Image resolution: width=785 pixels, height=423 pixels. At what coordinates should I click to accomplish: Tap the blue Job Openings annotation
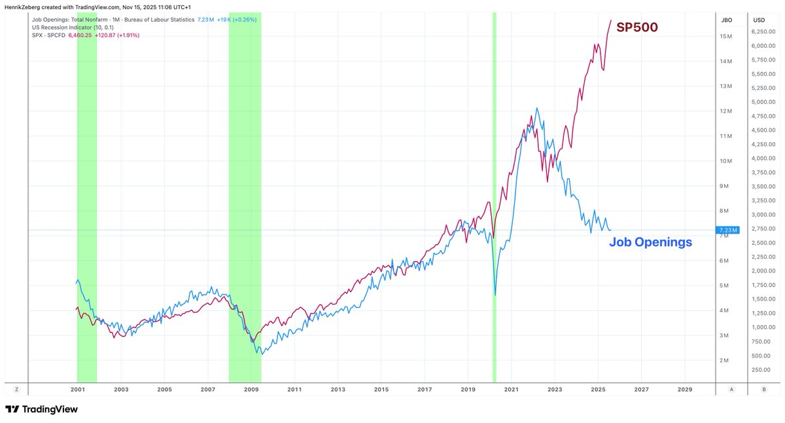click(x=650, y=242)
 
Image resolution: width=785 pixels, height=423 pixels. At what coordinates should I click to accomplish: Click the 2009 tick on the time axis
click(x=251, y=389)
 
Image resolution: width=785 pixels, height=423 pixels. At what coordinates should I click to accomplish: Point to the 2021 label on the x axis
click(x=511, y=389)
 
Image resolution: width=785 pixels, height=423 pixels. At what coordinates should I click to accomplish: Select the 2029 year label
click(x=684, y=389)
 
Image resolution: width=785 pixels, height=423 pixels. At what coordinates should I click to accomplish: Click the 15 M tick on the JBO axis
click(x=725, y=37)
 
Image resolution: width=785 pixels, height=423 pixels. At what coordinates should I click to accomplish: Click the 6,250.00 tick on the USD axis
click(x=763, y=31)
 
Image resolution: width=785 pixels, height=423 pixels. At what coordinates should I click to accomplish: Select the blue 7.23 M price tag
click(x=727, y=230)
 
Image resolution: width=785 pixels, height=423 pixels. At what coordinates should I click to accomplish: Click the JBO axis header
click(x=726, y=20)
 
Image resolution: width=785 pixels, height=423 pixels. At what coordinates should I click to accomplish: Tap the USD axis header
click(x=759, y=20)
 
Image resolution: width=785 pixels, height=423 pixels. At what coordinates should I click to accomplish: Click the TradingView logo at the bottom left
click(x=42, y=409)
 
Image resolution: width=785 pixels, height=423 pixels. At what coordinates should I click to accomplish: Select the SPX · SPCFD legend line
click(x=85, y=35)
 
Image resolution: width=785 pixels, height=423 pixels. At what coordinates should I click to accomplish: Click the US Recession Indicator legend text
click(x=72, y=28)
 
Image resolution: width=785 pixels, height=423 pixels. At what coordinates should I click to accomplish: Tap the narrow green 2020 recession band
click(x=495, y=196)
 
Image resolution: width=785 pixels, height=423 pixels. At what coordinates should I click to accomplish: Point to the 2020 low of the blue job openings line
click(x=495, y=295)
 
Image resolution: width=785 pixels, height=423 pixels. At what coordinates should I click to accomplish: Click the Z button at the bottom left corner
click(x=16, y=389)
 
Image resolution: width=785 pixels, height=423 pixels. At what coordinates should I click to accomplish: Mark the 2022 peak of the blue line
click(x=537, y=109)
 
